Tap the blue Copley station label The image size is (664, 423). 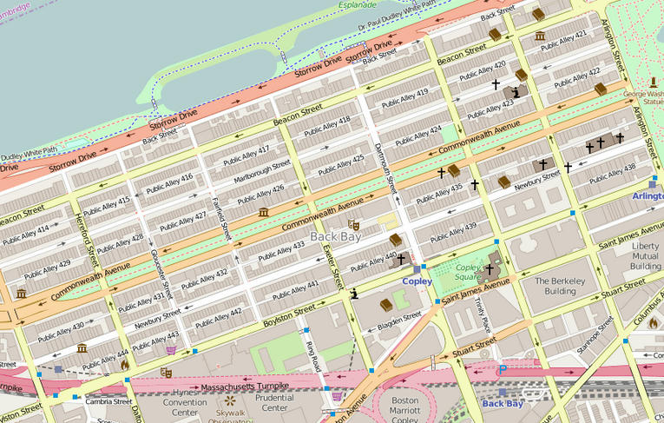pos(417,281)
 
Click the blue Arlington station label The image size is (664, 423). pos(648,197)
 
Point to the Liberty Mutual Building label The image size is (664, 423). pos(645,256)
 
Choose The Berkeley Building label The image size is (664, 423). pos(556,288)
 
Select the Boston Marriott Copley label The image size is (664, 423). pos(405,411)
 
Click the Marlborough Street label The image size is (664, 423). pos(262,169)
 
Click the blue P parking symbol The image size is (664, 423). pos(502,370)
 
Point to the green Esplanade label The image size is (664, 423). pos(358,4)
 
